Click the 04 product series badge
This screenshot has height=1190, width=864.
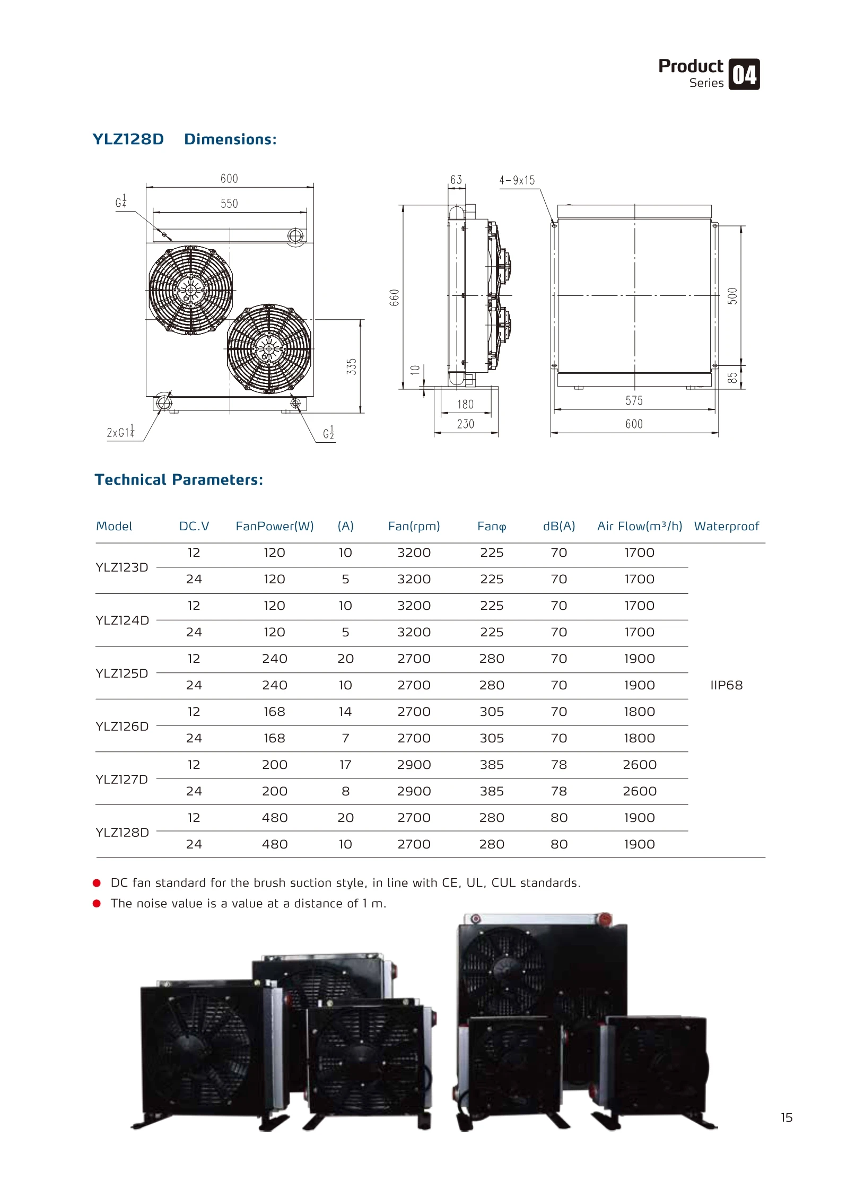(744, 74)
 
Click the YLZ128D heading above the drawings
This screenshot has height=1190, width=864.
(128, 139)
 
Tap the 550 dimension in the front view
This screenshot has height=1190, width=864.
(229, 204)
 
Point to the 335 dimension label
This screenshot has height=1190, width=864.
(352, 366)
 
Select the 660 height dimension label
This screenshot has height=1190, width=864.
(394, 297)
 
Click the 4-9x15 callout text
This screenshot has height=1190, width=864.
(517, 180)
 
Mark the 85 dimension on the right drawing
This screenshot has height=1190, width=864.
(732, 378)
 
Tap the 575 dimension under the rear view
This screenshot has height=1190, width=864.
(634, 401)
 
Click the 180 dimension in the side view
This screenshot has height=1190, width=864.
(465, 405)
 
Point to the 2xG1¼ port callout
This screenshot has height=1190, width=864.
(121, 432)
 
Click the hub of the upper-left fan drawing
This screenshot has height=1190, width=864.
(190, 291)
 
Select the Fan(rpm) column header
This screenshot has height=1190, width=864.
(414, 526)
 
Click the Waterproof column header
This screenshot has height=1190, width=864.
(726, 526)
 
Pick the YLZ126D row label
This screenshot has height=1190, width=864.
(122, 726)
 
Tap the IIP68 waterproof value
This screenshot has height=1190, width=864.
(726, 685)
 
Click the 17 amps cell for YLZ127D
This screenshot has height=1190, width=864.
(345, 765)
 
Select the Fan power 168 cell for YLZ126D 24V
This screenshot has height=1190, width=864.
(274, 738)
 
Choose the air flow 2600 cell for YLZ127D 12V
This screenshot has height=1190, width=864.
(639, 765)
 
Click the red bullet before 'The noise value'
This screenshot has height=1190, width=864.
(97, 904)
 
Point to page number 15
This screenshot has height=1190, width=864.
(786, 1118)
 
